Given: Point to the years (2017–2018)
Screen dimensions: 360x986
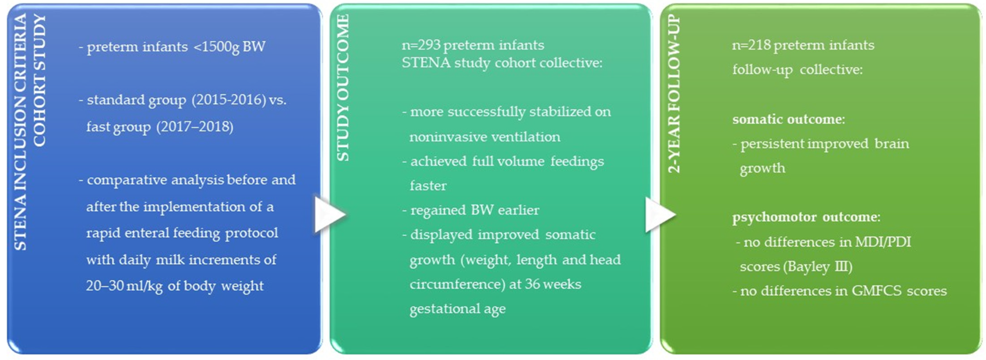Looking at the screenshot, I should [x=194, y=127].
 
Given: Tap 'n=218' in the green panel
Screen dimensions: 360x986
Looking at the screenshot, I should [x=751, y=45].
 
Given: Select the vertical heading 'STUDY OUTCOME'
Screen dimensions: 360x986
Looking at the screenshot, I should [x=343, y=88].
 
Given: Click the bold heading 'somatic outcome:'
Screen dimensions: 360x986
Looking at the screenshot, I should [x=788, y=119].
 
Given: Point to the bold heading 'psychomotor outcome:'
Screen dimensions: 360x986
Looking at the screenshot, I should [x=806, y=217].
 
